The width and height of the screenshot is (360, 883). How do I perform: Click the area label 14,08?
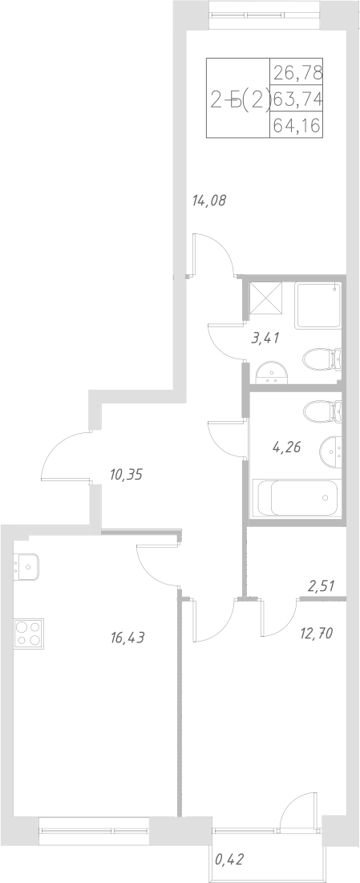[x=208, y=201]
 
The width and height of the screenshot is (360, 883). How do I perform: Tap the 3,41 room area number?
[x=265, y=338]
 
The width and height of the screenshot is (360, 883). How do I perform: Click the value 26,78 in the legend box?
[x=297, y=72]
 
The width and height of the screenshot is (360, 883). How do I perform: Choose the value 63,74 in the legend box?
[x=297, y=99]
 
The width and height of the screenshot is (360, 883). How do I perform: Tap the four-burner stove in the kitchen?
[x=29, y=634]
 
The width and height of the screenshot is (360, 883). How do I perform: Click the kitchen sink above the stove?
[x=27, y=567]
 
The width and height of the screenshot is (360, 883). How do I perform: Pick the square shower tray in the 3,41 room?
[x=317, y=305]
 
